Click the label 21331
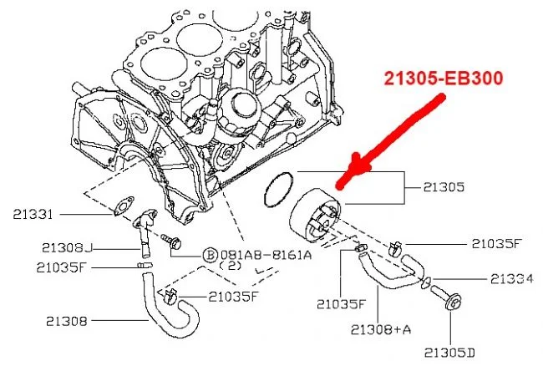(x=33, y=215)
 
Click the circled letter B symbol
(x=211, y=254)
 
